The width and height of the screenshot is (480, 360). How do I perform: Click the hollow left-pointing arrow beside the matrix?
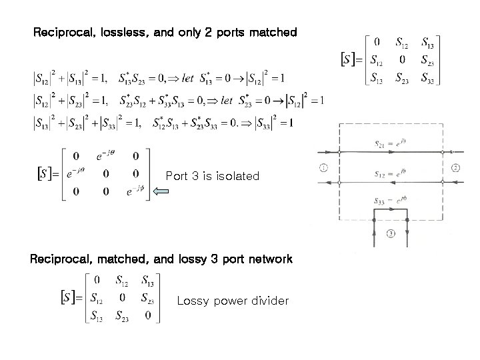click(161, 193)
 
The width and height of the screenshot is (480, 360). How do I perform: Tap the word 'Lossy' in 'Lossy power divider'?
click(191, 301)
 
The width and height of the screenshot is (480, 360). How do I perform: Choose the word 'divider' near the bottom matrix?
click(269, 301)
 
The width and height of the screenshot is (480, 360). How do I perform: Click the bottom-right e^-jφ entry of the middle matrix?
click(135, 192)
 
